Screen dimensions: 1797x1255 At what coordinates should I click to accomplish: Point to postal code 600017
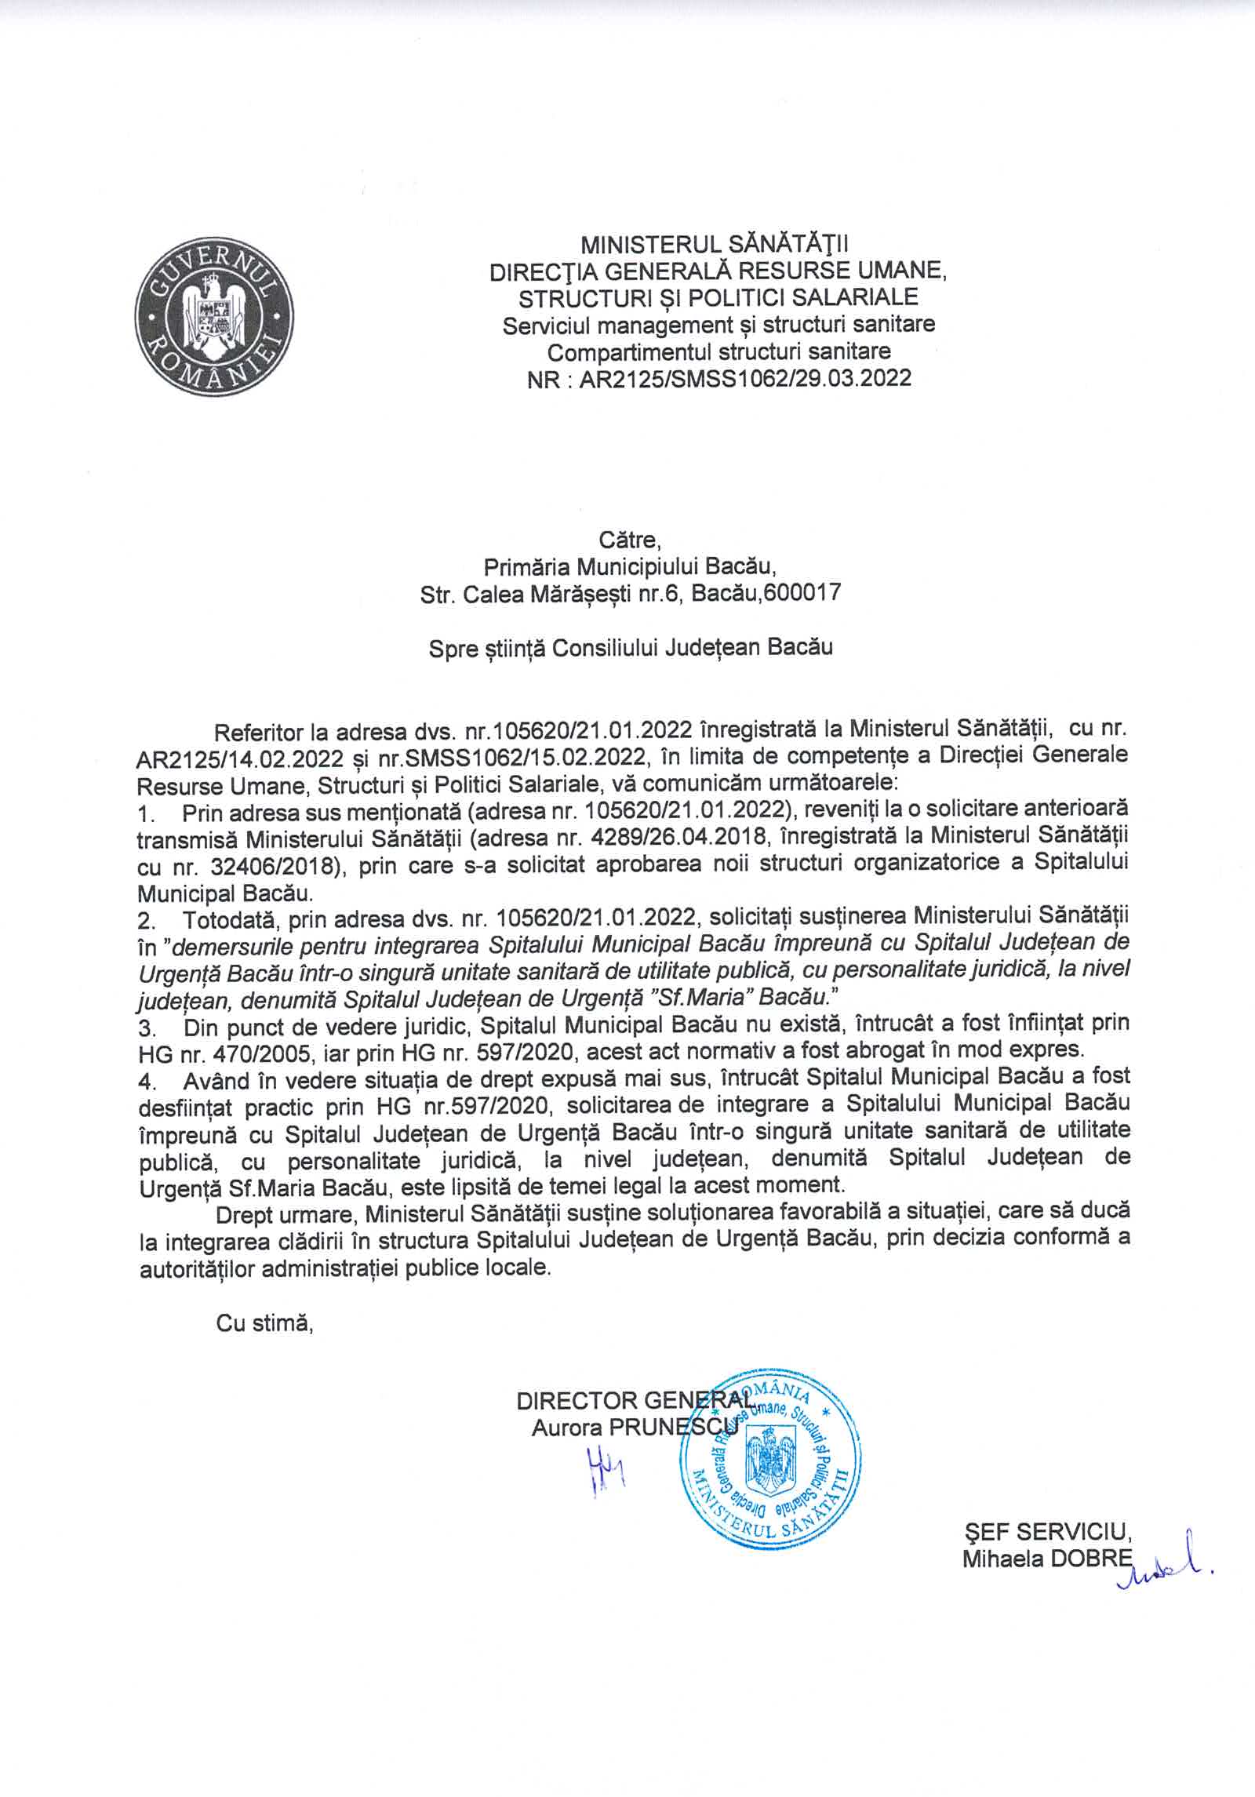pos(807,593)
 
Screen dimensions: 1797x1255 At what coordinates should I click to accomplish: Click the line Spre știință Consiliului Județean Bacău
pos(630,648)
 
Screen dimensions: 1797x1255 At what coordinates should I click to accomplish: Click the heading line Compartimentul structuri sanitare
pos(719,351)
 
